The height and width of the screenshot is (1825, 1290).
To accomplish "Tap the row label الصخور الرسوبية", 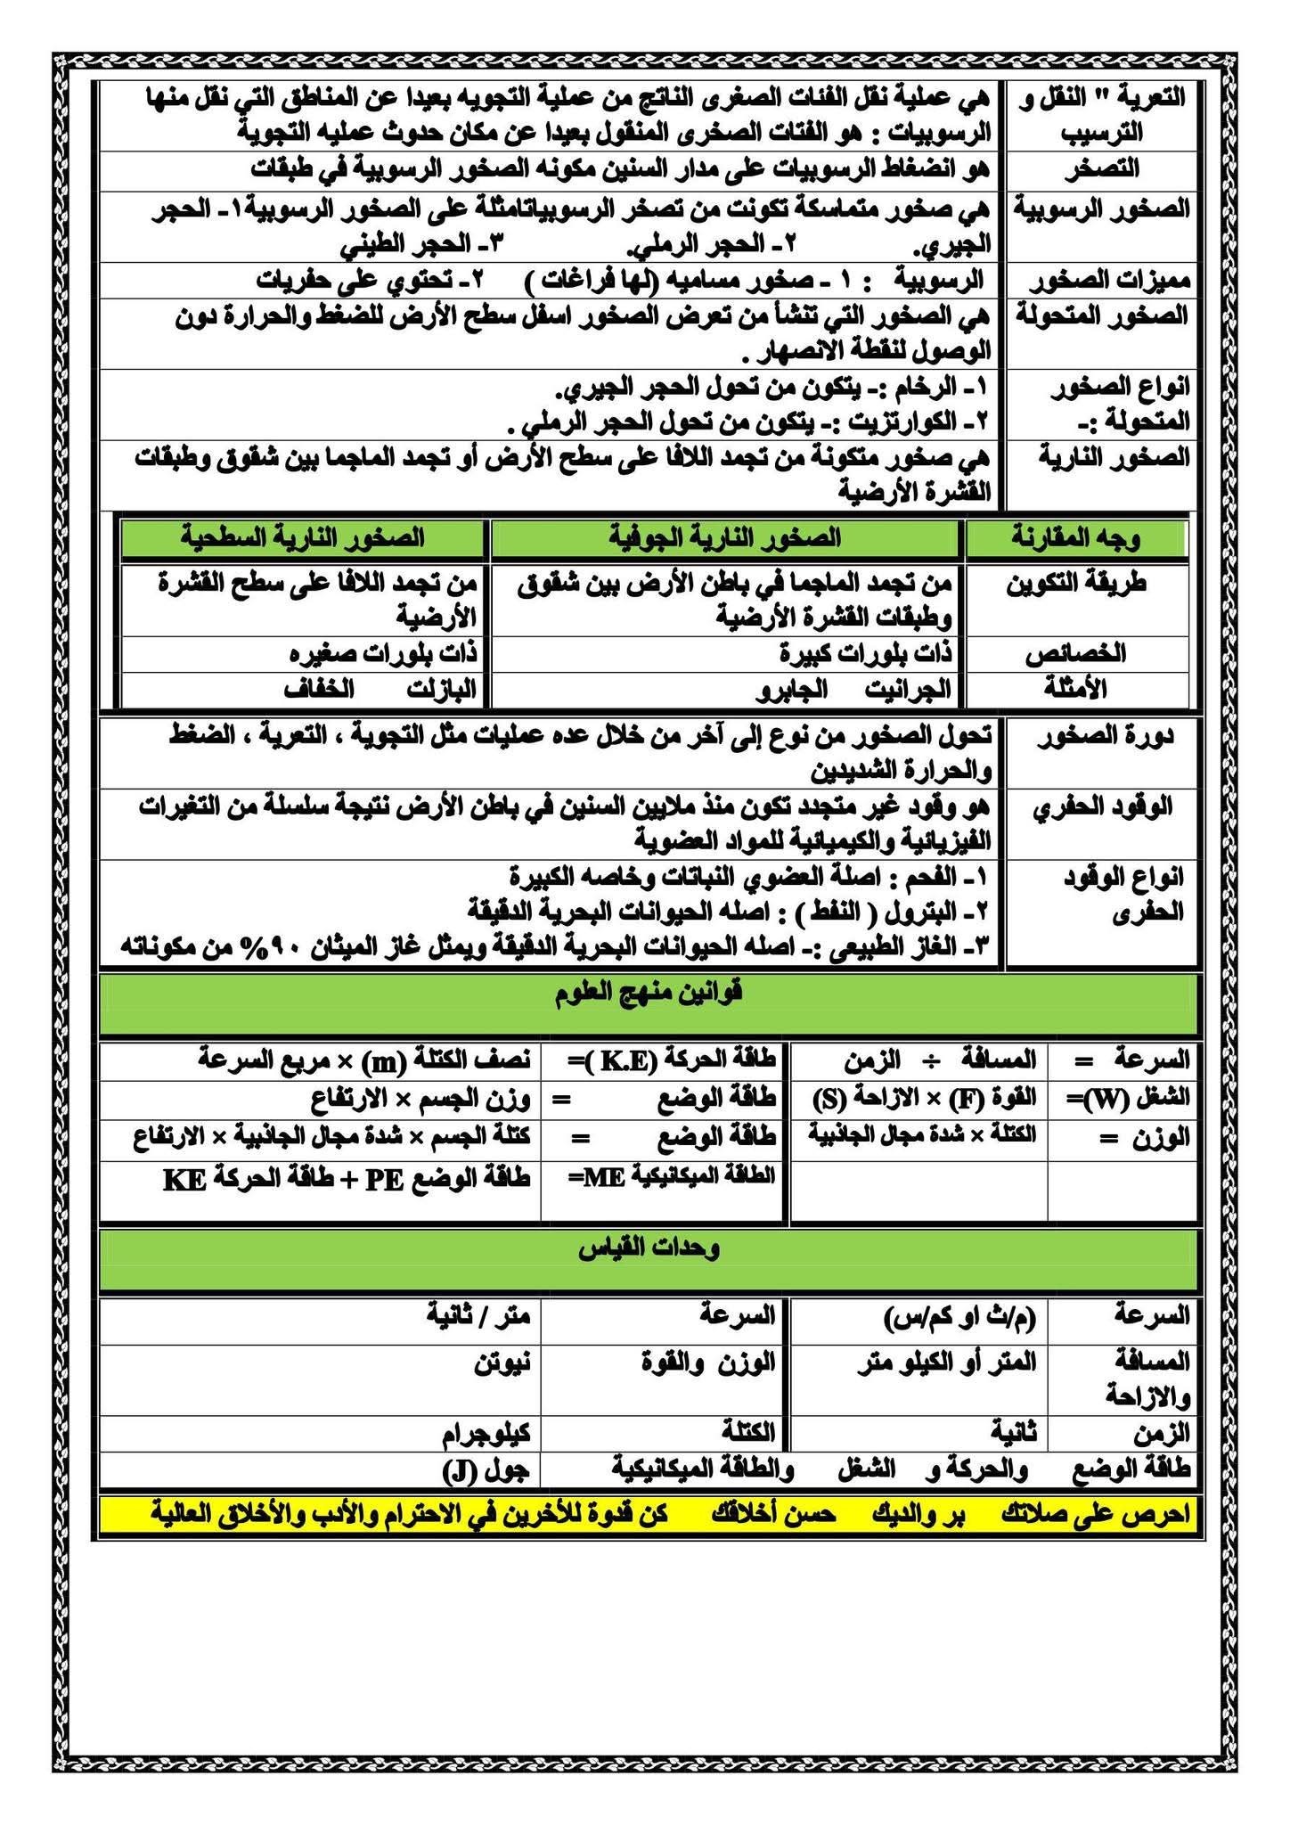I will tap(1102, 209).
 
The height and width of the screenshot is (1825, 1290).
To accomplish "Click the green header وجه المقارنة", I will tap(1077, 537).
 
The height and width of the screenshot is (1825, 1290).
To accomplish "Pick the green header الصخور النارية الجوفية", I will tap(727, 537).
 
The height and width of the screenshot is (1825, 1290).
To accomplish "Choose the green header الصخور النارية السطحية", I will tap(302, 537).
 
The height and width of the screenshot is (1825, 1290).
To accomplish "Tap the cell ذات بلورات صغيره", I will tap(384, 653).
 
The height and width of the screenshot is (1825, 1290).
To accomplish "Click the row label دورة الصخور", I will tap(1105, 736).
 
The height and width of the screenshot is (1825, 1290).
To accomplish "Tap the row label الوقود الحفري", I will tap(1102, 807).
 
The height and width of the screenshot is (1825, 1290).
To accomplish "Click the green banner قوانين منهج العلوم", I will tap(649, 994).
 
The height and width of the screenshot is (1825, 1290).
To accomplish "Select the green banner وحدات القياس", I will tap(649, 1249).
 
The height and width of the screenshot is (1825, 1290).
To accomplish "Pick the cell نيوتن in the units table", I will tap(502, 1361).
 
